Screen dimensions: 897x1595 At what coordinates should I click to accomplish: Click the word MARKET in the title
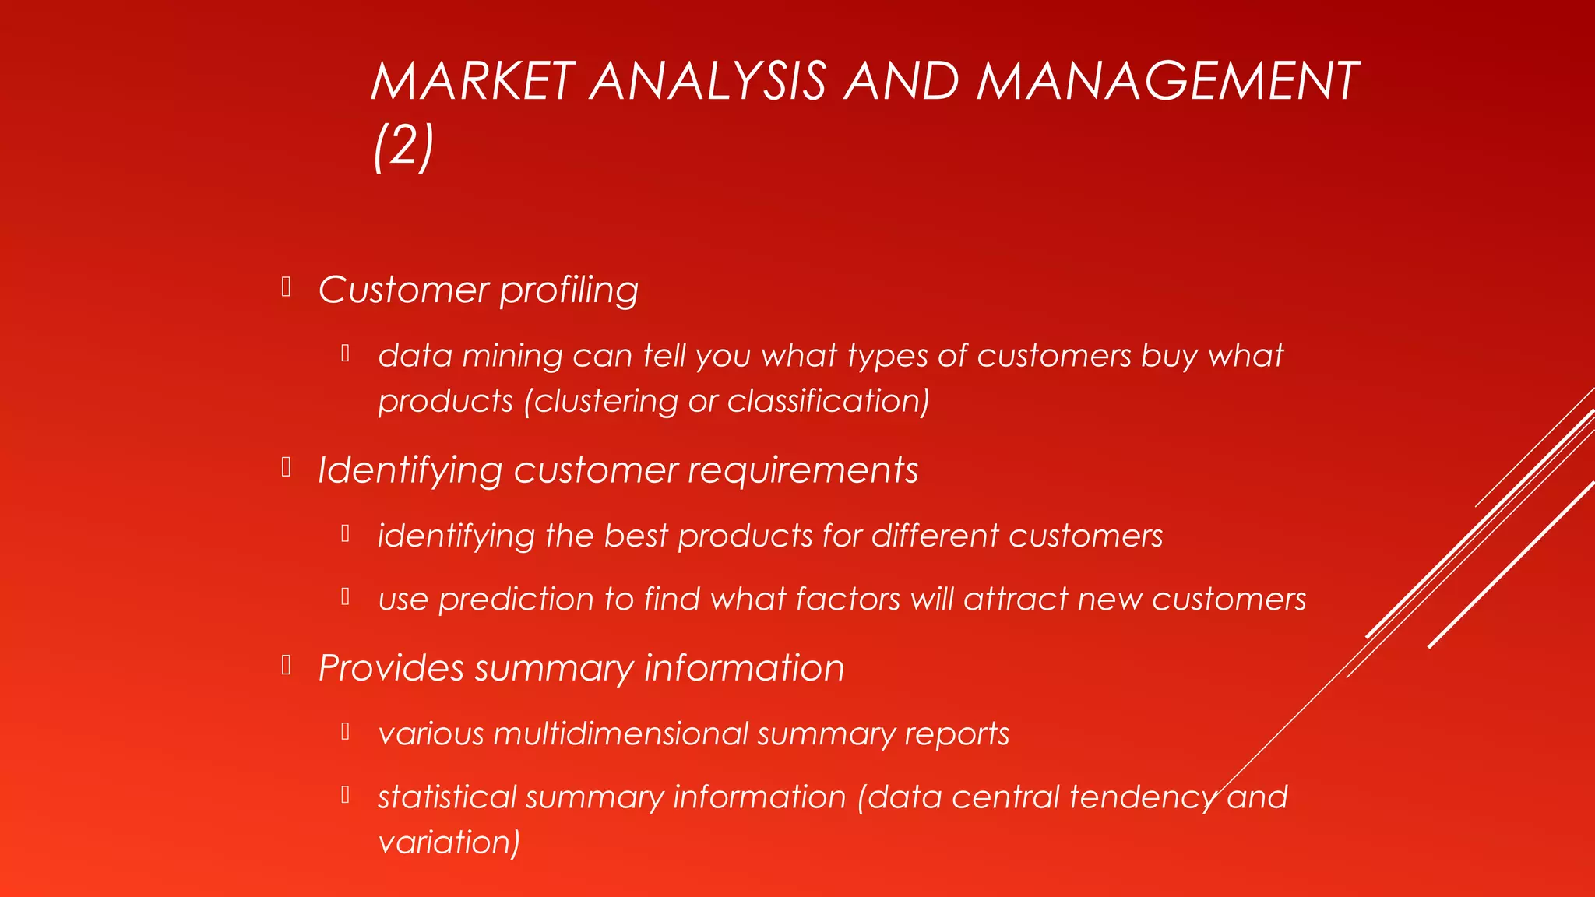click(x=473, y=81)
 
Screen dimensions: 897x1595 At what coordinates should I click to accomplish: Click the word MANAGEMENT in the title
click(x=1167, y=81)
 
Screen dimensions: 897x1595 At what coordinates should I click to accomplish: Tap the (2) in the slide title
click(x=403, y=146)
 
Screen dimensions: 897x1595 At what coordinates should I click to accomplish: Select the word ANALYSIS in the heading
click(x=707, y=81)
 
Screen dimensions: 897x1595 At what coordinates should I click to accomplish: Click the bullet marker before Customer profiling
click(x=287, y=287)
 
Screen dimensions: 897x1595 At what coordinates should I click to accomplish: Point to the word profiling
click(x=569, y=290)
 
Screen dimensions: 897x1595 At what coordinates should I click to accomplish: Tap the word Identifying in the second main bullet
click(x=410, y=471)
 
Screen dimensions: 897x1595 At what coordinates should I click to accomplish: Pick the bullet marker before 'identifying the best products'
click(x=345, y=533)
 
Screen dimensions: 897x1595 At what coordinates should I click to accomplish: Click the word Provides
click(x=391, y=668)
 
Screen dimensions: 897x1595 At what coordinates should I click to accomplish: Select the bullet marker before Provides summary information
click(x=287, y=665)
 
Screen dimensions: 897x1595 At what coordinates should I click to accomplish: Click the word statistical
click(x=446, y=797)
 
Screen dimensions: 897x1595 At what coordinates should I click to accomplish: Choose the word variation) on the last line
click(x=449, y=842)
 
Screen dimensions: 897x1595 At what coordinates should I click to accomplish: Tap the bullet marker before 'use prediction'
click(x=345, y=596)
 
